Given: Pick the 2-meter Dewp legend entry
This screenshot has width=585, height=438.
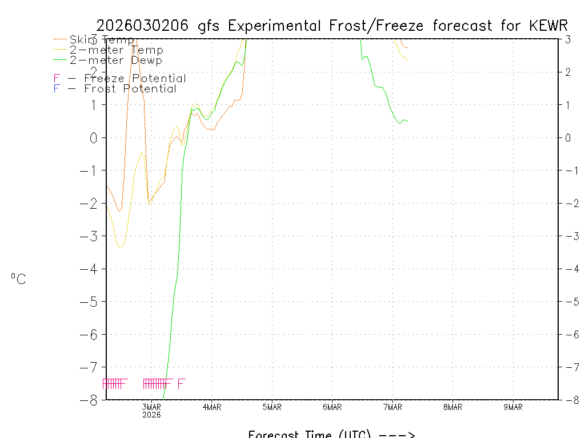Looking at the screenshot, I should coord(115,60).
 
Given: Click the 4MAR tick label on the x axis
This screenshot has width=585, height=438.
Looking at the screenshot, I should coord(212,407).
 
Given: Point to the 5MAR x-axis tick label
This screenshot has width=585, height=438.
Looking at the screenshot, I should coord(272,407).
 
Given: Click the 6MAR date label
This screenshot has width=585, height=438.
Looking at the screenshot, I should coord(332,407).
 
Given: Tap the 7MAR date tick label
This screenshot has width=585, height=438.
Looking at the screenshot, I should coord(392,407).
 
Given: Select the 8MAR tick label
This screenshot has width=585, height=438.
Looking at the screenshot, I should coord(453,407).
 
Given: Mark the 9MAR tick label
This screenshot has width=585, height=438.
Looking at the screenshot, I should coord(513,407).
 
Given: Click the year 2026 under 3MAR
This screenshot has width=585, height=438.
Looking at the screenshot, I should coord(151,415).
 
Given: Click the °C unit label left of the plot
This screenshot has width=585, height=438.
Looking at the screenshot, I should coord(18,279).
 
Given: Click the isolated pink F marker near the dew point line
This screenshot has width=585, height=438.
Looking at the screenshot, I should coord(181,384).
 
